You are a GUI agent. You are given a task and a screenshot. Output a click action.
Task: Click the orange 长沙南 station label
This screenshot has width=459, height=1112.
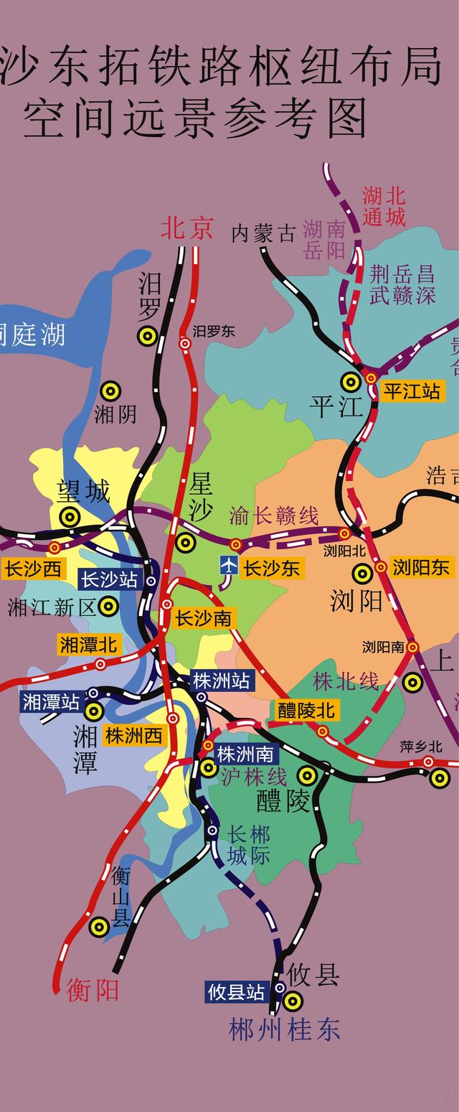click(x=204, y=618)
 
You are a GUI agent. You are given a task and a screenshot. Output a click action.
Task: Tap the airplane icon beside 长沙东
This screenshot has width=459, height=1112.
click(x=229, y=566)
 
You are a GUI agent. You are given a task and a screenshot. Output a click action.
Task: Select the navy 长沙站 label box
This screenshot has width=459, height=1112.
click(x=109, y=579)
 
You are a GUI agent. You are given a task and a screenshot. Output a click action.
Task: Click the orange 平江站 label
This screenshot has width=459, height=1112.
click(x=412, y=391)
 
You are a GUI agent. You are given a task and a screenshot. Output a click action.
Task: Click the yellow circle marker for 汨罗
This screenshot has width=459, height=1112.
click(x=148, y=335)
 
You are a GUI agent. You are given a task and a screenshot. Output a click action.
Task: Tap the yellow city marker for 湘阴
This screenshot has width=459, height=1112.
click(x=110, y=391)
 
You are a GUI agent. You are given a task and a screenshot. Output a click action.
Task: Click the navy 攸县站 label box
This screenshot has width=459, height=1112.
click(x=236, y=992)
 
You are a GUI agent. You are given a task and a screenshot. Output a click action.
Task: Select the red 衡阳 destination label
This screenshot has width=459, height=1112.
click(x=93, y=991)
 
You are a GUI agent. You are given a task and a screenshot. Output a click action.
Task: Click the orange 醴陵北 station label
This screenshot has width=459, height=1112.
click(x=306, y=711)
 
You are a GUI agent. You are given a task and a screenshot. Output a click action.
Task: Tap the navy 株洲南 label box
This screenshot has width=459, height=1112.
click(x=245, y=754)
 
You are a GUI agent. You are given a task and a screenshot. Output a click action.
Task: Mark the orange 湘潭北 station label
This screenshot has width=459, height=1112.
click(x=88, y=645)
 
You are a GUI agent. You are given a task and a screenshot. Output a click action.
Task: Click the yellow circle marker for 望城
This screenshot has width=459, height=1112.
click(x=69, y=516)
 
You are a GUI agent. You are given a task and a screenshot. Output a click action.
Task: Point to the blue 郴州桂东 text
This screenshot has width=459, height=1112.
click(x=285, y=1030)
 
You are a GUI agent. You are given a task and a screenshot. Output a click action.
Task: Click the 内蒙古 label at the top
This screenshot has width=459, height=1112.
click(x=263, y=233)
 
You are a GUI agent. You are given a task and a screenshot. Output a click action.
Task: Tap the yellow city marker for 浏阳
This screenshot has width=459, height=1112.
click(x=362, y=573)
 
